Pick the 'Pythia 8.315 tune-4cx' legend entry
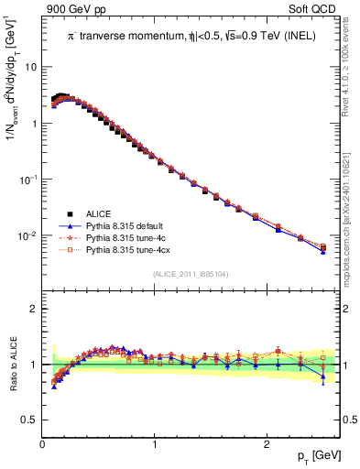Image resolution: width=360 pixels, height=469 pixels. [x=128, y=248]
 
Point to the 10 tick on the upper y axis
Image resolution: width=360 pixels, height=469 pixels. [x=31, y=67]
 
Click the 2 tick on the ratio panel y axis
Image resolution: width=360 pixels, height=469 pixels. [x=34, y=309]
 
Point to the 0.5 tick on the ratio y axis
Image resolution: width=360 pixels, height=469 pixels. [x=30, y=420]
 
